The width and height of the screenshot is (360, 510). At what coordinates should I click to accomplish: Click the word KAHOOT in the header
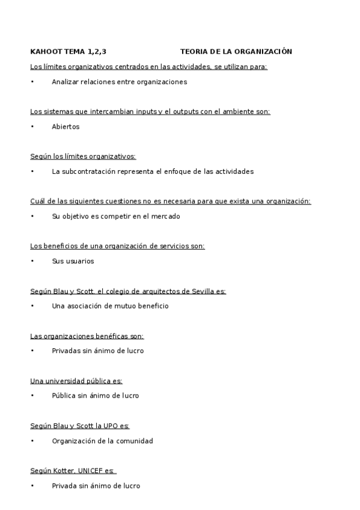pyautogui.click(x=43, y=52)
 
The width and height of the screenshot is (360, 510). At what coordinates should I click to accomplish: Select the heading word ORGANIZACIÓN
pyautogui.click(x=266, y=52)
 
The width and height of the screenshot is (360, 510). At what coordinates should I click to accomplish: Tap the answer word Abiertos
pyautogui.click(x=66, y=127)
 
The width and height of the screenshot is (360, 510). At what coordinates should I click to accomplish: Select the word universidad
pyautogui.click(x=64, y=381)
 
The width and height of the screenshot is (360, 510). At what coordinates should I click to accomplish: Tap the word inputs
pyautogui.click(x=144, y=111)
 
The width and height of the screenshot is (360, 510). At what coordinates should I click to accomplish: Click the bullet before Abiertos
pyautogui.click(x=32, y=127)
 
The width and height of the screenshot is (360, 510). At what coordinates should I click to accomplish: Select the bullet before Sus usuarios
pyautogui.click(x=32, y=261)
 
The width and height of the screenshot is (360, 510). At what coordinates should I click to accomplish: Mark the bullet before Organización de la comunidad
pyautogui.click(x=32, y=441)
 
